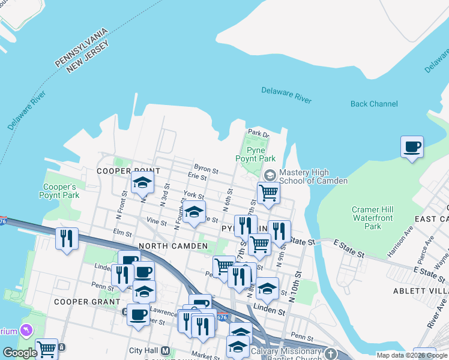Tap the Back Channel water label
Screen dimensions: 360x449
pyautogui.click(x=374, y=104)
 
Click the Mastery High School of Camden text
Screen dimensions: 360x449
pyautogui.click(x=313, y=176)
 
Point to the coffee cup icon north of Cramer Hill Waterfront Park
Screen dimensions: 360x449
pyautogui.click(x=412, y=147)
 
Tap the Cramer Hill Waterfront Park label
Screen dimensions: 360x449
pyautogui.click(x=373, y=218)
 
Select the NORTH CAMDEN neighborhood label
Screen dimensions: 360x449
pyautogui.click(x=173, y=246)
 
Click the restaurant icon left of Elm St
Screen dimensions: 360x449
pyautogui.click(x=67, y=238)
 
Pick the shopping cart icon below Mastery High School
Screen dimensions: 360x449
pyautogui.click(x=268, y=193)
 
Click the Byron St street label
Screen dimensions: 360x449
pyautogui.click(x=205, y=169)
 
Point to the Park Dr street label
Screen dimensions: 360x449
pyautogui.click(x=257, y=134)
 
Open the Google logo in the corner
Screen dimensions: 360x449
pyautogui.click(x=20, y=353)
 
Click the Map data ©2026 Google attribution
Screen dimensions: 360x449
pyautogui.click(x=412, y=355)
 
